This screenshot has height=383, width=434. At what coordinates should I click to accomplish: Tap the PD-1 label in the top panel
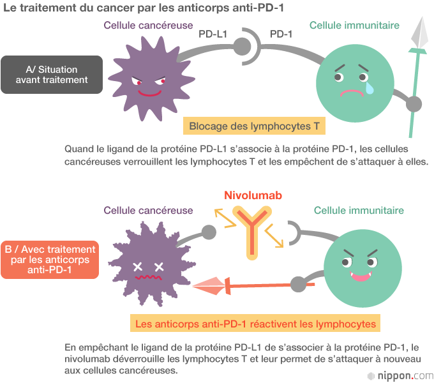(x=281, y=33)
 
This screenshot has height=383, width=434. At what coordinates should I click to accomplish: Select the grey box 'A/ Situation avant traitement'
(x=52, y=75)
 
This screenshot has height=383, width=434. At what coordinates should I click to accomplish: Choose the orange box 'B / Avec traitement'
(x=50, y=260)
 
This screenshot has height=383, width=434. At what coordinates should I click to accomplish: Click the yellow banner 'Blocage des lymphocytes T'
(x=254, y=126)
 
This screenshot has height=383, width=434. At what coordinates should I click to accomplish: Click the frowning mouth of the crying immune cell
(x=351, y=92)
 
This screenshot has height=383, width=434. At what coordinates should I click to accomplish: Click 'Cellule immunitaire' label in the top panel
(x=354, y=26)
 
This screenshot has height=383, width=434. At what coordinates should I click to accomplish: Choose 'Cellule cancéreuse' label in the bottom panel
(x=148, y=210)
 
